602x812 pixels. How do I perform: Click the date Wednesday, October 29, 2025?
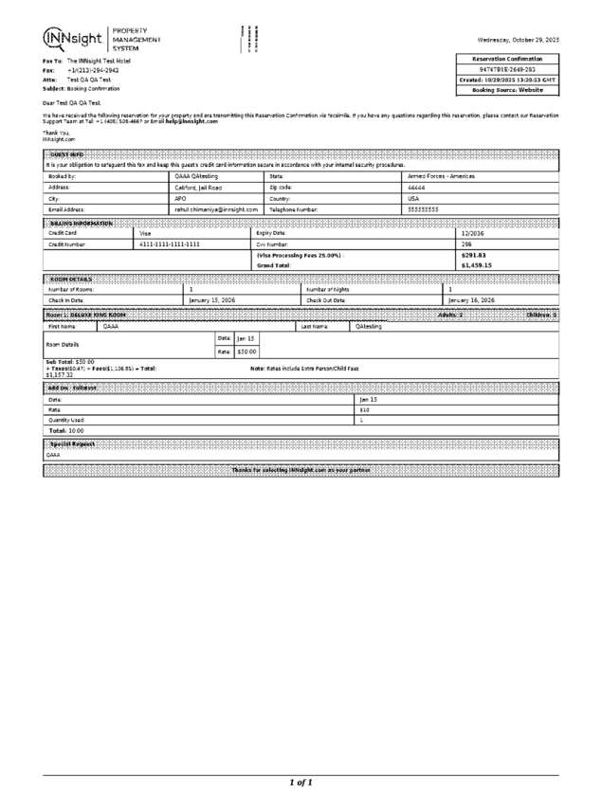click(518, 39)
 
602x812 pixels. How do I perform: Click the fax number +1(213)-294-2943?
click(93, 70)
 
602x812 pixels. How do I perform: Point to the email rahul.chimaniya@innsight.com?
click(216, 208)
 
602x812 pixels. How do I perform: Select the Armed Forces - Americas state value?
click(441, 176)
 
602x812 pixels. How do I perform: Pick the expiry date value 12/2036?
click(473, 232)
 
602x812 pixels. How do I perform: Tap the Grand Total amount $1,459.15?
click(476, 266)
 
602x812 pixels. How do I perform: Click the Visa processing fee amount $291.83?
click(473, 255)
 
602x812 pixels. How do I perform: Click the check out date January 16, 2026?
click(471, 299)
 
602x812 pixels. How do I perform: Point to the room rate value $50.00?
click(246, 352)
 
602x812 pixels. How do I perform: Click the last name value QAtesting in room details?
click(370, 326)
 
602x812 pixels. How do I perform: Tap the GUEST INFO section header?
click(66, 154)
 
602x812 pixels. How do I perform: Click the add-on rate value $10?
click(364, 409)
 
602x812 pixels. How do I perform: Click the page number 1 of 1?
click(301, 783)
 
